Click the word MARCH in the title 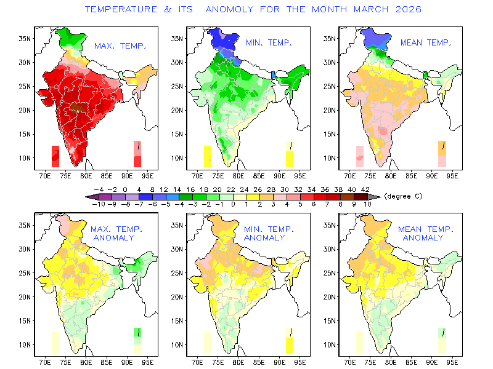click(371, 9)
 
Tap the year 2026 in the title click(408, 9)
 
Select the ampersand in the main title click(168, 9)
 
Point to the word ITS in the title click(185, 9)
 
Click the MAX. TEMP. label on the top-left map click(120, 46)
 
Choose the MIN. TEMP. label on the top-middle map click(269, 42)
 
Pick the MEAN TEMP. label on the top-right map click(426, 42)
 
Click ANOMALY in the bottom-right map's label click(423, 238)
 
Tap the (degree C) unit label click(404, 196)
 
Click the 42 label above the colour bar click(365, 189)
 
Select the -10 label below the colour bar click(99, 204)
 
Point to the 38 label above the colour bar click(338, 189)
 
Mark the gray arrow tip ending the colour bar click(381, 197)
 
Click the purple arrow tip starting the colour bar click(86, 197)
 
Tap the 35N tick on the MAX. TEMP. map click(25, 39)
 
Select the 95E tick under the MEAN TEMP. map click(452, 176)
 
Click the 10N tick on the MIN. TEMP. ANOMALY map click(177, 345)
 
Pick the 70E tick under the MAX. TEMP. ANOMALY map click(45, 362)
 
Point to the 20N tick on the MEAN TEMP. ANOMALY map click(329, 297)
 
